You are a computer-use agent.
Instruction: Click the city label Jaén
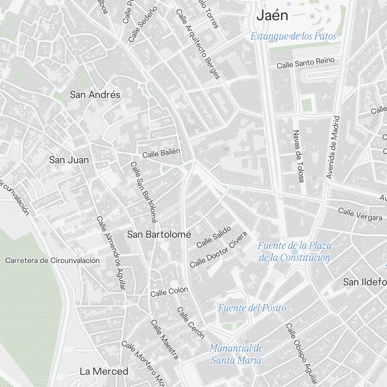click(x=272, y=16)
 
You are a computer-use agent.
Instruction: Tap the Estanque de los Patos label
click(x=293, y=36)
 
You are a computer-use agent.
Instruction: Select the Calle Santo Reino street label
click(x=305, y=63)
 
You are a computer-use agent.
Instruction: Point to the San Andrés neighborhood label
click(x=95, y=95)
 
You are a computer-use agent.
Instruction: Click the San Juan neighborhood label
click(x=69, y=160)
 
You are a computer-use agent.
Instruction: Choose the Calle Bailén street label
click(x=161, y=153)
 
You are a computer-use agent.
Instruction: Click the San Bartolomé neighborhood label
click(x=159, y=235)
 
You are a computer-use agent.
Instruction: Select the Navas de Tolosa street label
click(x=298, y=156)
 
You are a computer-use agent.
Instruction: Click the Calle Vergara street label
click(x=360, y=214)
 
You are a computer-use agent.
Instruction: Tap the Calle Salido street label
click(x=214, y=237)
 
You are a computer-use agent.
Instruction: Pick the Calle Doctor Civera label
click(x=218, y=250)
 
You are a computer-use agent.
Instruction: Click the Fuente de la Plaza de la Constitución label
click(x=295, y=252)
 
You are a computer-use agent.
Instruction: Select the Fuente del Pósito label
click(x=252, y=308)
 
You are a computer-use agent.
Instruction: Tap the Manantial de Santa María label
click(x=236, y=354)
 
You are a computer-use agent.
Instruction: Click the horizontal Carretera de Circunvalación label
click(x=52, y=260)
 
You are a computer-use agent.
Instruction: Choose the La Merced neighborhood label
click(x=104, y=372)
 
